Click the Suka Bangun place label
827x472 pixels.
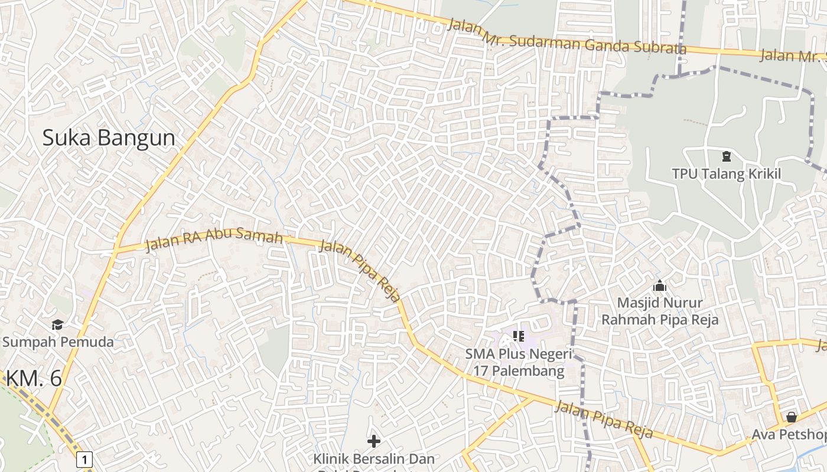(x=109, y=138)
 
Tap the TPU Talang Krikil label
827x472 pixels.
(x=726, y=173)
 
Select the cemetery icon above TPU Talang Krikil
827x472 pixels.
(x=726, y=156)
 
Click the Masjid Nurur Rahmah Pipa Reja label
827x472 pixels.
(x=660, y=311)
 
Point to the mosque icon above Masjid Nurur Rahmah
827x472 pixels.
(x=660, y=286)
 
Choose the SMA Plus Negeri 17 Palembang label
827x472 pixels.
(x=519, y=362)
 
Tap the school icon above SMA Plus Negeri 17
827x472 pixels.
(x=519, y=336)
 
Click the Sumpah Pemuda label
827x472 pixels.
(x=58, y=342)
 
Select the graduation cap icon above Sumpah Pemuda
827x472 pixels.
(x=57, y=324)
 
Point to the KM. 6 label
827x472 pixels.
(x=34, y=378)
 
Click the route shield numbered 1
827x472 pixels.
(x=85, y=459)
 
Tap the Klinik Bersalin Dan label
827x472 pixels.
(x=373, y=458)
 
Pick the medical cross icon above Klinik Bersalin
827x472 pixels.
(x=373, y=441)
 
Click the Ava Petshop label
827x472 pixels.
(x=789, y=435)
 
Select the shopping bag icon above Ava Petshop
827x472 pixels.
(x=792, y=418)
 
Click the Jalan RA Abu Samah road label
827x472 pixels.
(x=214, y=238)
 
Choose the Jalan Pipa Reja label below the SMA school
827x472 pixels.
(x=604, y=419)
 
